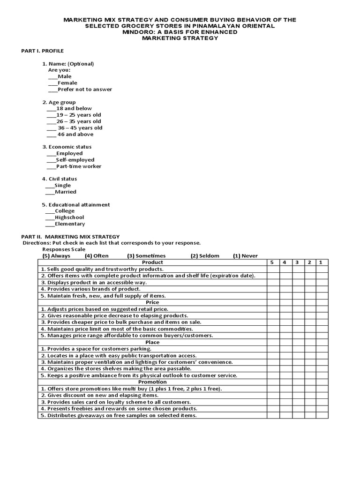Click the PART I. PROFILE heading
tap(43, 51)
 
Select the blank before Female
tap(52, 83)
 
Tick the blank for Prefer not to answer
tap(52, 90)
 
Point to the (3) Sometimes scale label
tap(146, 256)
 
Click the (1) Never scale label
tap(245, 256)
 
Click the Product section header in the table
tap(152, 262)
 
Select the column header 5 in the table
tap(272, 262)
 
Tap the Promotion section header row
tap(152, 382)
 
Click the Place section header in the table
tap(152, 342)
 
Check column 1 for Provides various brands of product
tap(322, 289)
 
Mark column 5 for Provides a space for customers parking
tap(272, 349)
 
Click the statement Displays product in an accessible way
tap(94, 283)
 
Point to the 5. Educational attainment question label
tap(76, 205)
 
